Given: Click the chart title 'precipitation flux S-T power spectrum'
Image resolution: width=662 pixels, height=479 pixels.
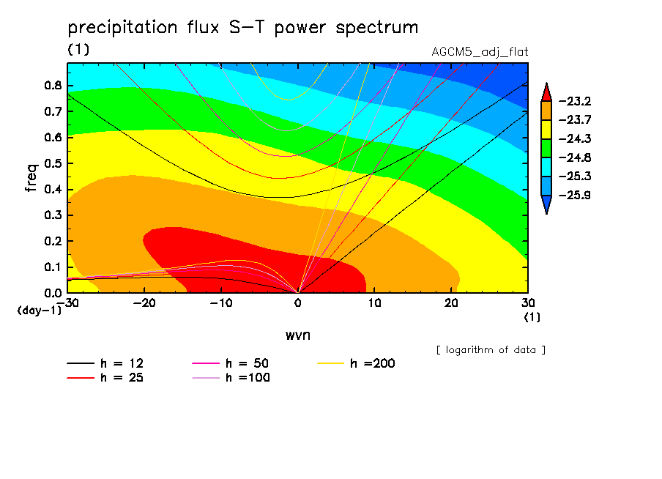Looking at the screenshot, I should (x=242, y=28).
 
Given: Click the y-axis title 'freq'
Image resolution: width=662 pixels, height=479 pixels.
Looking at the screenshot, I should (x=31, y=178).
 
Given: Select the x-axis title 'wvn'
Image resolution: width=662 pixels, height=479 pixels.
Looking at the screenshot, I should (x=297, y=335).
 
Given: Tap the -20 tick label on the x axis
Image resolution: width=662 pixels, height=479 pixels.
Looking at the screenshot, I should (x=145, y=302).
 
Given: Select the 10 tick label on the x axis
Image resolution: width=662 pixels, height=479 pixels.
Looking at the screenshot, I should (x=373, y=302).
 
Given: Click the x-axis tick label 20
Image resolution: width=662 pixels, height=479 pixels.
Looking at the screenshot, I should (x=450, y=302).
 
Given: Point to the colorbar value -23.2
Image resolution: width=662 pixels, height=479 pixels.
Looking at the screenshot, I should (x=575, y=101).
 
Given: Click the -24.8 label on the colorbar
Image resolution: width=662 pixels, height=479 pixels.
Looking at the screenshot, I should (x=575, y=157).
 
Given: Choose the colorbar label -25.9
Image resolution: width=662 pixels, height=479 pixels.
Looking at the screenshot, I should (x=575, y=196).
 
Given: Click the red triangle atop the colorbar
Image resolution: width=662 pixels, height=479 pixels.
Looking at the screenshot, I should (x=546, y=92).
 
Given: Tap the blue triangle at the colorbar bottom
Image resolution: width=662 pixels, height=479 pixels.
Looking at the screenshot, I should (x=546, y=206).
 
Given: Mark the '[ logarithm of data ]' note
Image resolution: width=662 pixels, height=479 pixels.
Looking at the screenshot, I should (x=491, y=350).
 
